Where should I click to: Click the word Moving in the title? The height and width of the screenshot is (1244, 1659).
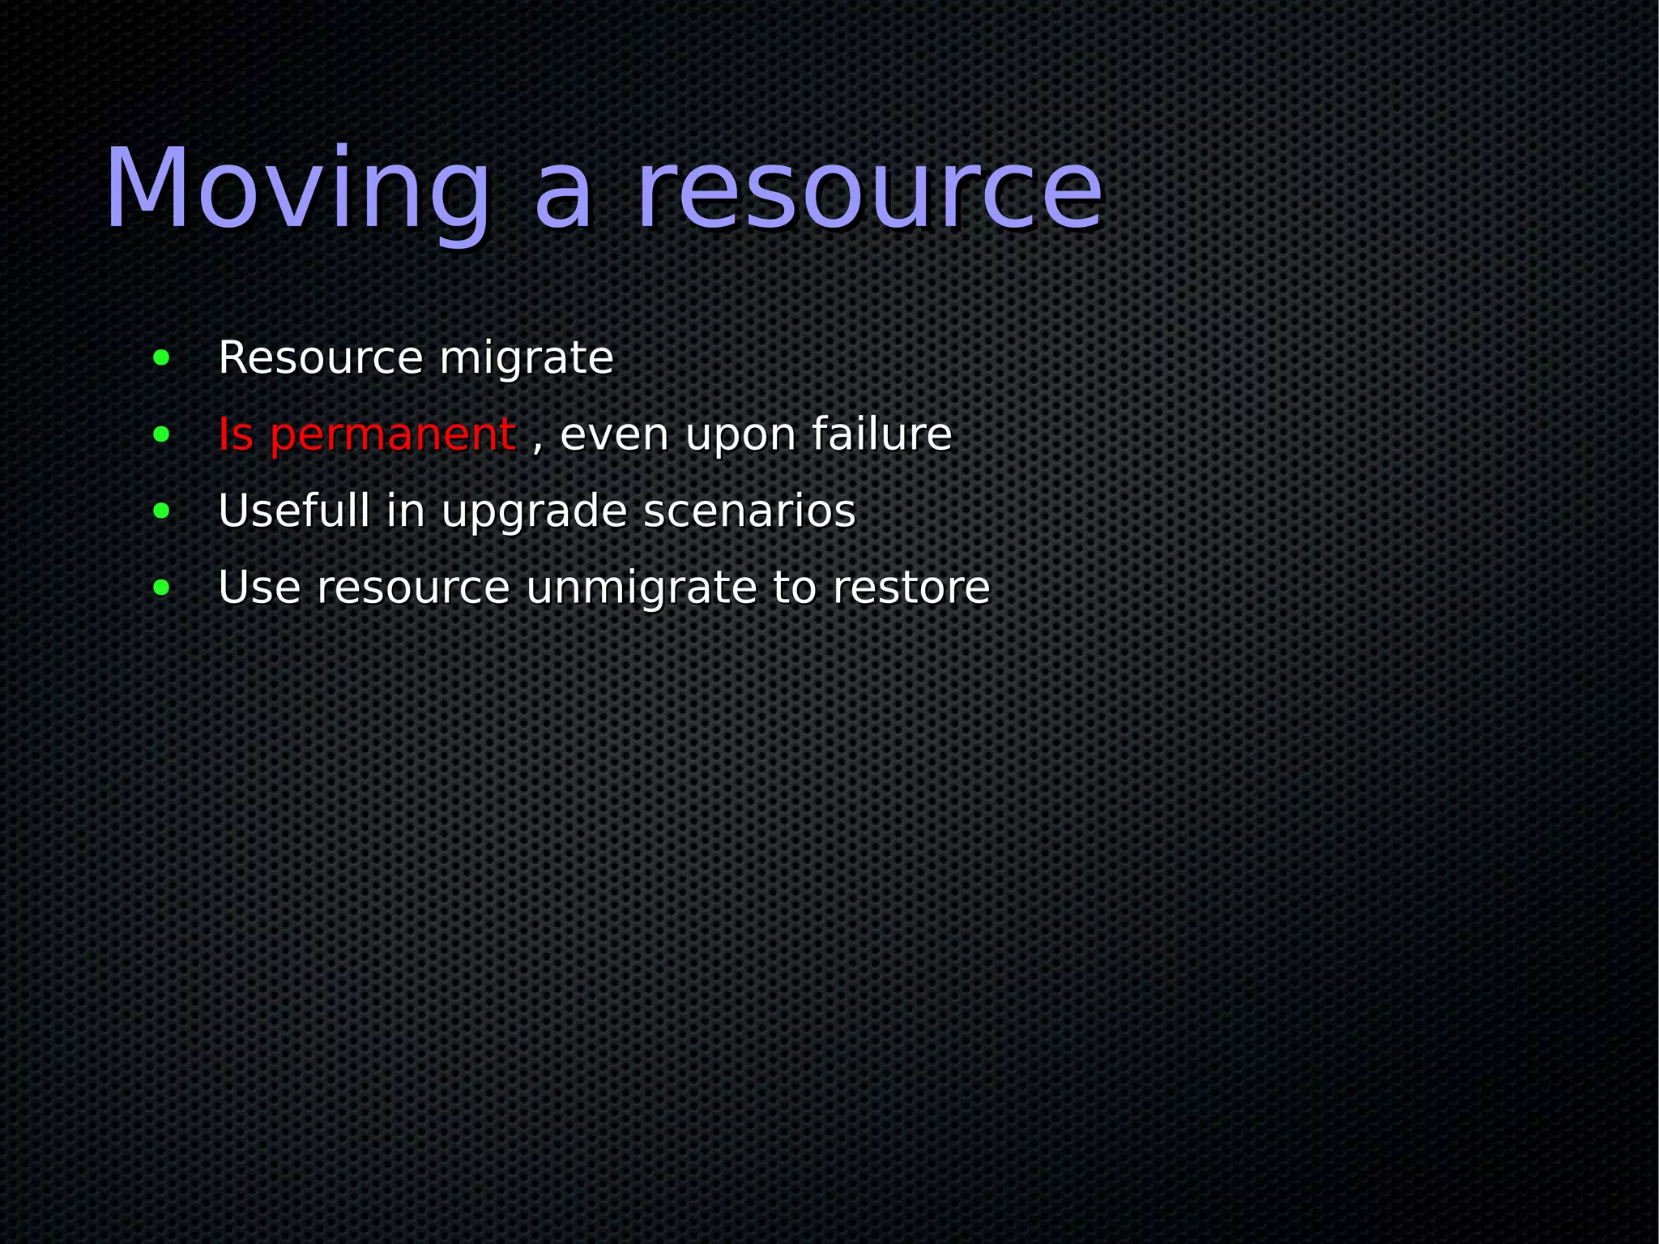[x=298, y=190]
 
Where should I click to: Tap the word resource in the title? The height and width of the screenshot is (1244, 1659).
[x=869, y=190]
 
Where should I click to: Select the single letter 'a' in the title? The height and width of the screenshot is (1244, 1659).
[x=564, y=199]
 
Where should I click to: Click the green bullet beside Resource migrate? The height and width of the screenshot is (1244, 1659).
[x=161, y=357]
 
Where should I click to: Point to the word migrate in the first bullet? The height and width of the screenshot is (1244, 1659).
[x=527, y=359]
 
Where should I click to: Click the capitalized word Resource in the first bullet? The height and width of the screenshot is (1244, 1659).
[x=321, y=357]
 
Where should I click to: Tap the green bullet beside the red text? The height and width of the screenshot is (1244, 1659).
[x=161, y=434]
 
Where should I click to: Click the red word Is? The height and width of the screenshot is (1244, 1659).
[x=236, y=434]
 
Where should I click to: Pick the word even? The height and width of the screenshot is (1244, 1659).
[x=615, y=435]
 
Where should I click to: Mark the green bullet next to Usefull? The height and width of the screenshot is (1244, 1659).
[x=161, y=511]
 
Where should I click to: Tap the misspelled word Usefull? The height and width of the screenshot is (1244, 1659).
[x=294, y=511]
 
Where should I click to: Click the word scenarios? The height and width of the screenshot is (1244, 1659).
[x=749, y=511]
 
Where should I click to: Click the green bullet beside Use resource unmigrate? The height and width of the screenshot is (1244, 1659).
[x=161, y=588]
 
